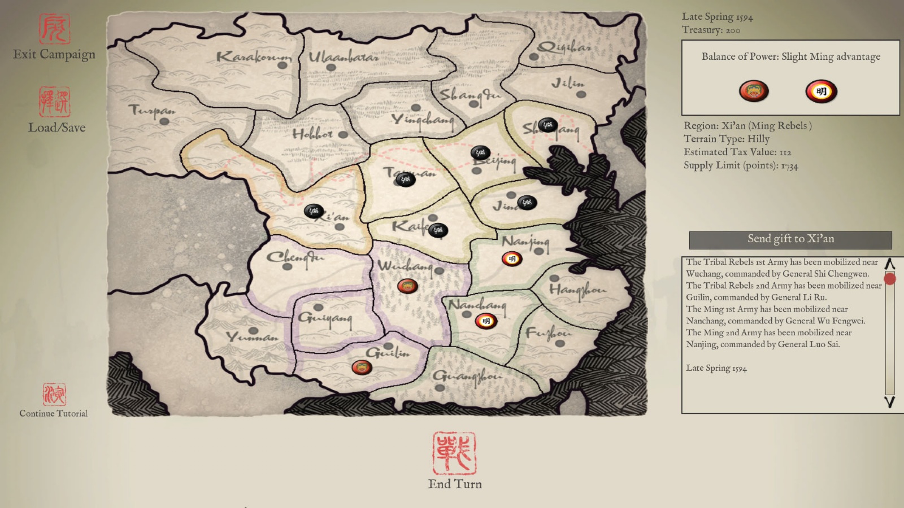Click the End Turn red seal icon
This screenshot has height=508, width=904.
point(454,453)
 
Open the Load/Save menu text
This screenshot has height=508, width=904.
point(57,128)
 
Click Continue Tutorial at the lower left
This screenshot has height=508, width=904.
point(54,413)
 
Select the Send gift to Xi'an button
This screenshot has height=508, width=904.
point(790,239)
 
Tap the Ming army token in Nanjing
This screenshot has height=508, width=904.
point(512,259)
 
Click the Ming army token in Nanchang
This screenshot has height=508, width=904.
point(485,321)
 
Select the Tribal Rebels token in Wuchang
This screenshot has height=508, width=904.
point(407,286)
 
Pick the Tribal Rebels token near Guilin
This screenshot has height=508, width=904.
point(362,368)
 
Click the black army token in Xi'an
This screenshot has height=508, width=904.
point(314,211)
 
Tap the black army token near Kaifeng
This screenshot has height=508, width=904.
point(438,230)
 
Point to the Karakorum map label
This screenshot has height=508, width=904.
point(254,57)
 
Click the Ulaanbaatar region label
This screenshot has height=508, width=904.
point(343,58)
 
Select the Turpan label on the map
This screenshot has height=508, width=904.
point(151,110)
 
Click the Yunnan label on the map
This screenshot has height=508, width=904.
point(252,338)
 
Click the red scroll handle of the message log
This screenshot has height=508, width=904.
point(890,279)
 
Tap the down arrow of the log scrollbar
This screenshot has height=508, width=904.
point(889,402)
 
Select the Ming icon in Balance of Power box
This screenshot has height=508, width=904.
point(821,91)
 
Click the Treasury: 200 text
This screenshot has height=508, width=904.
point(711,30)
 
